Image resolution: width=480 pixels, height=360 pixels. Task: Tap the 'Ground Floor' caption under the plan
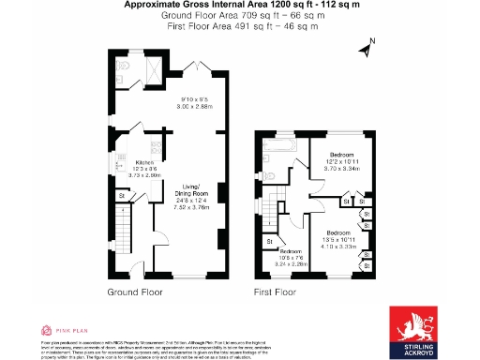click(135, 292)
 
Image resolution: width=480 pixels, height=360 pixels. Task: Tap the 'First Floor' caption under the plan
click(281, 292)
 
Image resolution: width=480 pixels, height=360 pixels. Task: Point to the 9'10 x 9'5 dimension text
click(197, 103)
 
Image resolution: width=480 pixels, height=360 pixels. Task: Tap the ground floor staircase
click(119, 226)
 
